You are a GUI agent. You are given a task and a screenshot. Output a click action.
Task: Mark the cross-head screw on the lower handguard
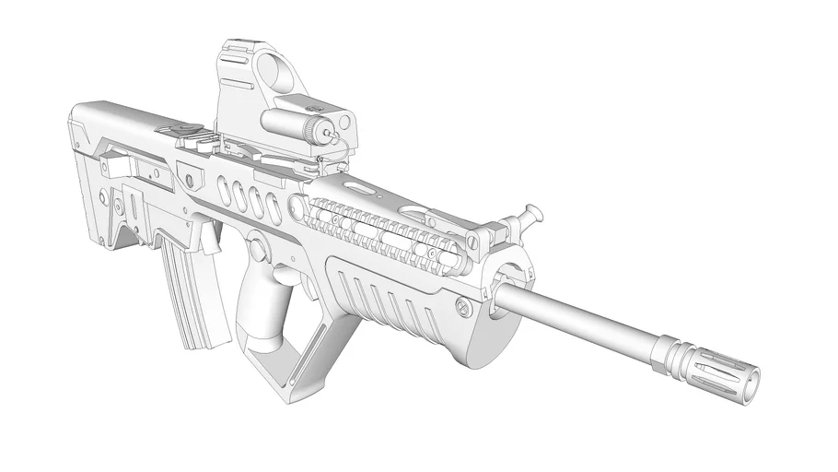(464, 308)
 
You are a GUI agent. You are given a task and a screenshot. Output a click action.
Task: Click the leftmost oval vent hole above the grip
(224, 190)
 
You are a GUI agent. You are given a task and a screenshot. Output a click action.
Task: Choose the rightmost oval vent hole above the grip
(274, 208)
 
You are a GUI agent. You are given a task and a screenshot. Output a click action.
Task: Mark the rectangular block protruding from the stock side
(113, 167)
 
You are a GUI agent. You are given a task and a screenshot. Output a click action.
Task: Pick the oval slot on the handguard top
(363, 189)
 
